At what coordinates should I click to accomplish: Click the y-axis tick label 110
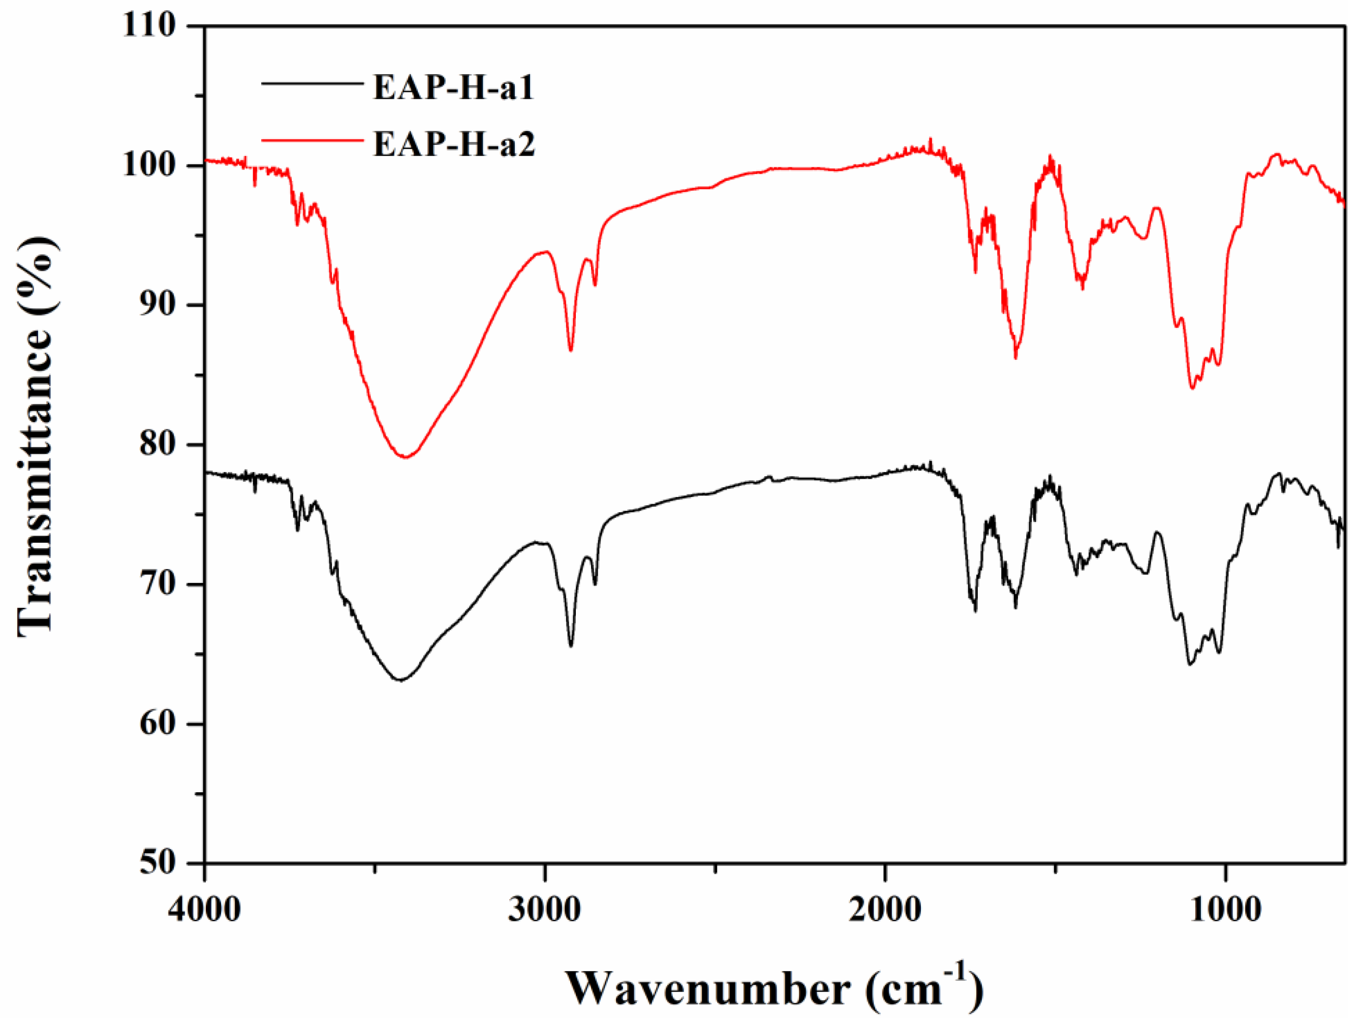[x=149, y=26]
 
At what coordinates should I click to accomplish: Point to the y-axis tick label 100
[x=149, y=166]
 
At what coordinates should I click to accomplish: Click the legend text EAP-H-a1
[x=453, y=87]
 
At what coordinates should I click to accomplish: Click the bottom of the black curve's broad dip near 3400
[x=400, y=680]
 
